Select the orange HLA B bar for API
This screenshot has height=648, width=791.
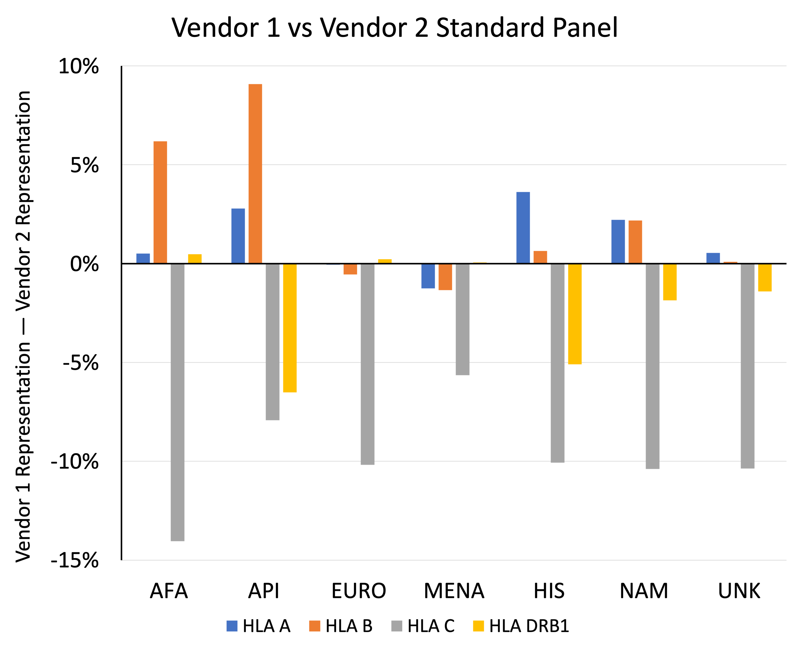point(255,174)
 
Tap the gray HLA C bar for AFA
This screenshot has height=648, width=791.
point(178,402)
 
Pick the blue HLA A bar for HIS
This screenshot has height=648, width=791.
point(523,228)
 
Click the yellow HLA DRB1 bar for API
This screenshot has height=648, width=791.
point(290,328)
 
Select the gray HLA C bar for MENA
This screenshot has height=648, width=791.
point(462,319)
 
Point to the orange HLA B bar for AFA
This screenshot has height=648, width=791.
point(160,202)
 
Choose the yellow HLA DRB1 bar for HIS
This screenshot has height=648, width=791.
point(575,313)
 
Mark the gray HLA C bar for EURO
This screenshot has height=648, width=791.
point(367,364)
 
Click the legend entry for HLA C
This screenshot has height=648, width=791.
point(423,626)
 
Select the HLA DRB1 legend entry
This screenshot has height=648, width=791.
point(521,626)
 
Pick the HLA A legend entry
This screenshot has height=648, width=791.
point(258,626)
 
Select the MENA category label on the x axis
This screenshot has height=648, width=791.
point(454,591)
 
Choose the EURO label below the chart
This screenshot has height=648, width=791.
point(359,591)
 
